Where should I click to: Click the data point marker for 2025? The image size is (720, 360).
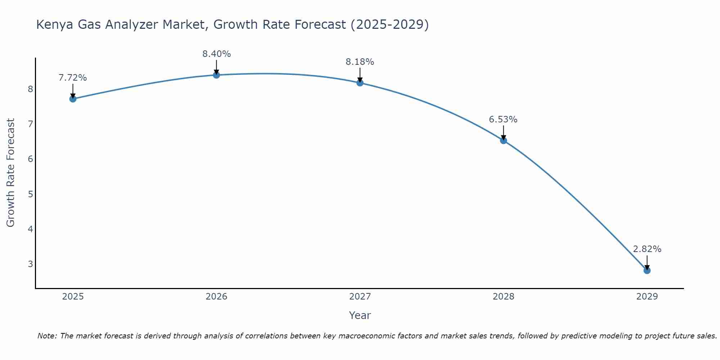click(73, 99)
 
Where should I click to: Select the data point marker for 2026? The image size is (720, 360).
click(216, 75)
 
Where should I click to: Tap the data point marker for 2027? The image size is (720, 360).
click(360, 83)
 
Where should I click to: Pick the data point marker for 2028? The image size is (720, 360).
click(503, 140)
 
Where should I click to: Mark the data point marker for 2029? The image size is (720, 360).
click(647, 270)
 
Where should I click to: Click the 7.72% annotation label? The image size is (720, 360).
click(73, 78)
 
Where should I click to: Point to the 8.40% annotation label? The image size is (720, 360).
click(216, 54)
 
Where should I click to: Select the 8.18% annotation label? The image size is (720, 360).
click(360, 62)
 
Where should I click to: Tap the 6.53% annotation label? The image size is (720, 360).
click(503, 120)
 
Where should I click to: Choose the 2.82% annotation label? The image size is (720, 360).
click(647, 249)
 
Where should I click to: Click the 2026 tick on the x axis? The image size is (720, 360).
click(216, 297)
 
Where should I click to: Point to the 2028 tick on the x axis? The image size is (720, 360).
click(503, 297)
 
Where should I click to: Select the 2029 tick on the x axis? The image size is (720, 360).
click(647, 297)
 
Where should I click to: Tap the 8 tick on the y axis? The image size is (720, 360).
click(30, 89)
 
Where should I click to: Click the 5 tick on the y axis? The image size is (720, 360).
click(30, 194)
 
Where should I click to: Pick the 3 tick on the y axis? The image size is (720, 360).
click(30, 264)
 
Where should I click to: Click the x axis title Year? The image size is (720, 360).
click(360, 315)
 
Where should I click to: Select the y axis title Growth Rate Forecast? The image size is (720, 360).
click(11, 173)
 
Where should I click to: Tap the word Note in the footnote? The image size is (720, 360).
click(47, 336)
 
